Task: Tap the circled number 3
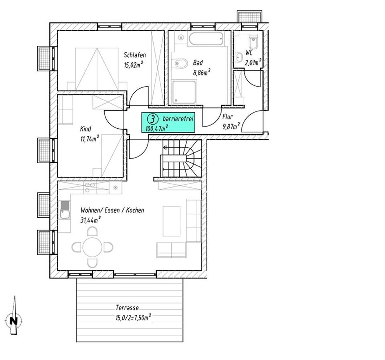click(x=152, y=119)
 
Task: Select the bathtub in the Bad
click(x=206, y=38)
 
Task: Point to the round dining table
click(x=92, y=247)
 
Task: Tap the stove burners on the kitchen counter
click(x=90, y=188)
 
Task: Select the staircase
click(x=181, y=158)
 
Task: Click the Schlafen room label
click(x=135, y=55)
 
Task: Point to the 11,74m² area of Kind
click(x=89, y=139)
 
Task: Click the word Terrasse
click(x=127, y=307)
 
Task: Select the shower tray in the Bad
click(x=184, y=92)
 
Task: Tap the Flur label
click(x=228, y=117)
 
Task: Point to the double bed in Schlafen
click(x=97, y=69)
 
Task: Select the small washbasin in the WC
click(x=239, y=57)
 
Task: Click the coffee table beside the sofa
click(x=171, y=221)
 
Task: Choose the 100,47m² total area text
click(x=157, y=128)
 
